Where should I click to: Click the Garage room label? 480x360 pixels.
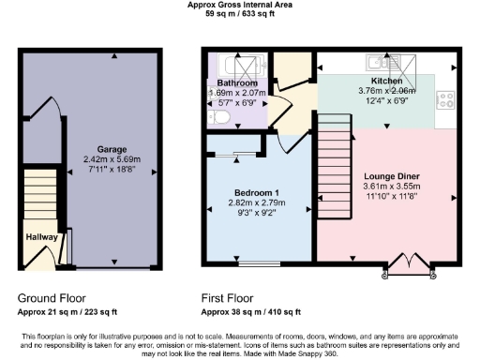click(x=112, y=149)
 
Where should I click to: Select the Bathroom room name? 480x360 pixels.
click(x=237, y=82)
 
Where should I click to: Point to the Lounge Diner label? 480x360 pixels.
click(x=391, y=176)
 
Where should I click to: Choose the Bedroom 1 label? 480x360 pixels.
click(x=256, y=193)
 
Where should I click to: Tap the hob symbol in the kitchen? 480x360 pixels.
click(x=445, y=99)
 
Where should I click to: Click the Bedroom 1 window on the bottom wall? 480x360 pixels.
click(x=252, y=264)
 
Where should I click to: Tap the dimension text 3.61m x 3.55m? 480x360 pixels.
click(x=391, y=187)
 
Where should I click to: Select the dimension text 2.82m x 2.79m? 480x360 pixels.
click(x=256, y=203)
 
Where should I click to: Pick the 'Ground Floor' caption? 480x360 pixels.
click(x=53, y=298)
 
